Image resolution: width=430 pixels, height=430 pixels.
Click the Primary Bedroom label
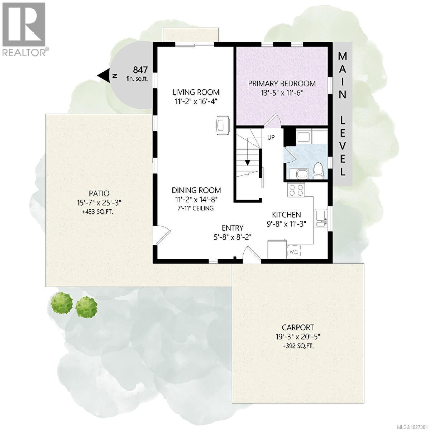click(x=282, y=83)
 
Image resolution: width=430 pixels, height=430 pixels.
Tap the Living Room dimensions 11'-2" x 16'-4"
click(x=195, y=101)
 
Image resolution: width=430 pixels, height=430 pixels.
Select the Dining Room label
click(x=196, y=190)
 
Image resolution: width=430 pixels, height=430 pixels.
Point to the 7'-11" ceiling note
click(x=196, y=208)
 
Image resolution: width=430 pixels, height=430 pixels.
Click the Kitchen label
click(x=286, y=215)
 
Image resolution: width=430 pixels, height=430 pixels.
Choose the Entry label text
click(x=233, y=228)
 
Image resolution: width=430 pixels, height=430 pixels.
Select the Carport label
click(x=298, y=327)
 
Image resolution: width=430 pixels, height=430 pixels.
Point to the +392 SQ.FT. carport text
click(x=298, y=346)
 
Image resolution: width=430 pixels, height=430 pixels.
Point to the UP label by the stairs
click(x=271, y=137)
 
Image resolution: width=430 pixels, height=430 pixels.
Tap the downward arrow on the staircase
click(x=247, y=162)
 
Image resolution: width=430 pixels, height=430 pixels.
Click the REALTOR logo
click(x=24, y=29)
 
